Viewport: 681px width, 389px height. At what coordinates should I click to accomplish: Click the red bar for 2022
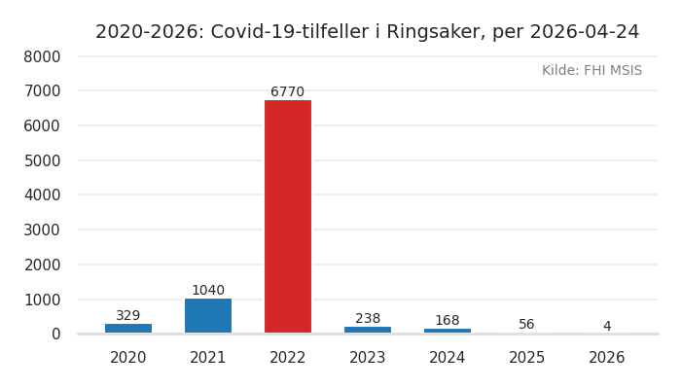pos(288,216)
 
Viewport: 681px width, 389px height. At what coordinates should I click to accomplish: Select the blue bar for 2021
pos(208,315)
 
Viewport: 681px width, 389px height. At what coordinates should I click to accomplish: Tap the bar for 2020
pos(128,328)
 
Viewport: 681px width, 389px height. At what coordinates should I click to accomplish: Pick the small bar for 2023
pos(368,330)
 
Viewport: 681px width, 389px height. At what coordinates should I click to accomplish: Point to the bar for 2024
pos(448,331)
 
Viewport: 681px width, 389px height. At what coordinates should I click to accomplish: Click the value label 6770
pos(288,92)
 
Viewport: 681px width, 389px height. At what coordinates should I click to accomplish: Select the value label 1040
pos(208,291)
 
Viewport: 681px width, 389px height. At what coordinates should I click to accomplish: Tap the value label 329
pos(128,316)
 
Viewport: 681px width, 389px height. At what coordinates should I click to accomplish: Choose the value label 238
pos(368,319)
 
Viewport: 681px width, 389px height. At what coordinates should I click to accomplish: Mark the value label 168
pos(448,321)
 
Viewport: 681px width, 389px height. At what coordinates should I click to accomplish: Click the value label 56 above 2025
pos(526,325)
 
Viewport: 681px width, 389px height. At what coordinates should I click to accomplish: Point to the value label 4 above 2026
pos(607,327)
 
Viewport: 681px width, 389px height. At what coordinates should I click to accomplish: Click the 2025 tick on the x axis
pos(527,358)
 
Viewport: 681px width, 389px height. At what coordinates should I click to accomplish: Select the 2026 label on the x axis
pos(607,358)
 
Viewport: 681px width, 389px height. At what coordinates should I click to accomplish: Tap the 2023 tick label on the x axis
pos(368,358)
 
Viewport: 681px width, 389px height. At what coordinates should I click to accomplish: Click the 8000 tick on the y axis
pos(42,56)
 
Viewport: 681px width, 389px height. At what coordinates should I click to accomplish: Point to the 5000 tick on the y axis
pos(42,160)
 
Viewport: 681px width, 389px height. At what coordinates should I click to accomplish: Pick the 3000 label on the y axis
pos(42,230)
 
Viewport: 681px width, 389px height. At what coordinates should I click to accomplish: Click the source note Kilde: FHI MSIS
pos(591,71)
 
